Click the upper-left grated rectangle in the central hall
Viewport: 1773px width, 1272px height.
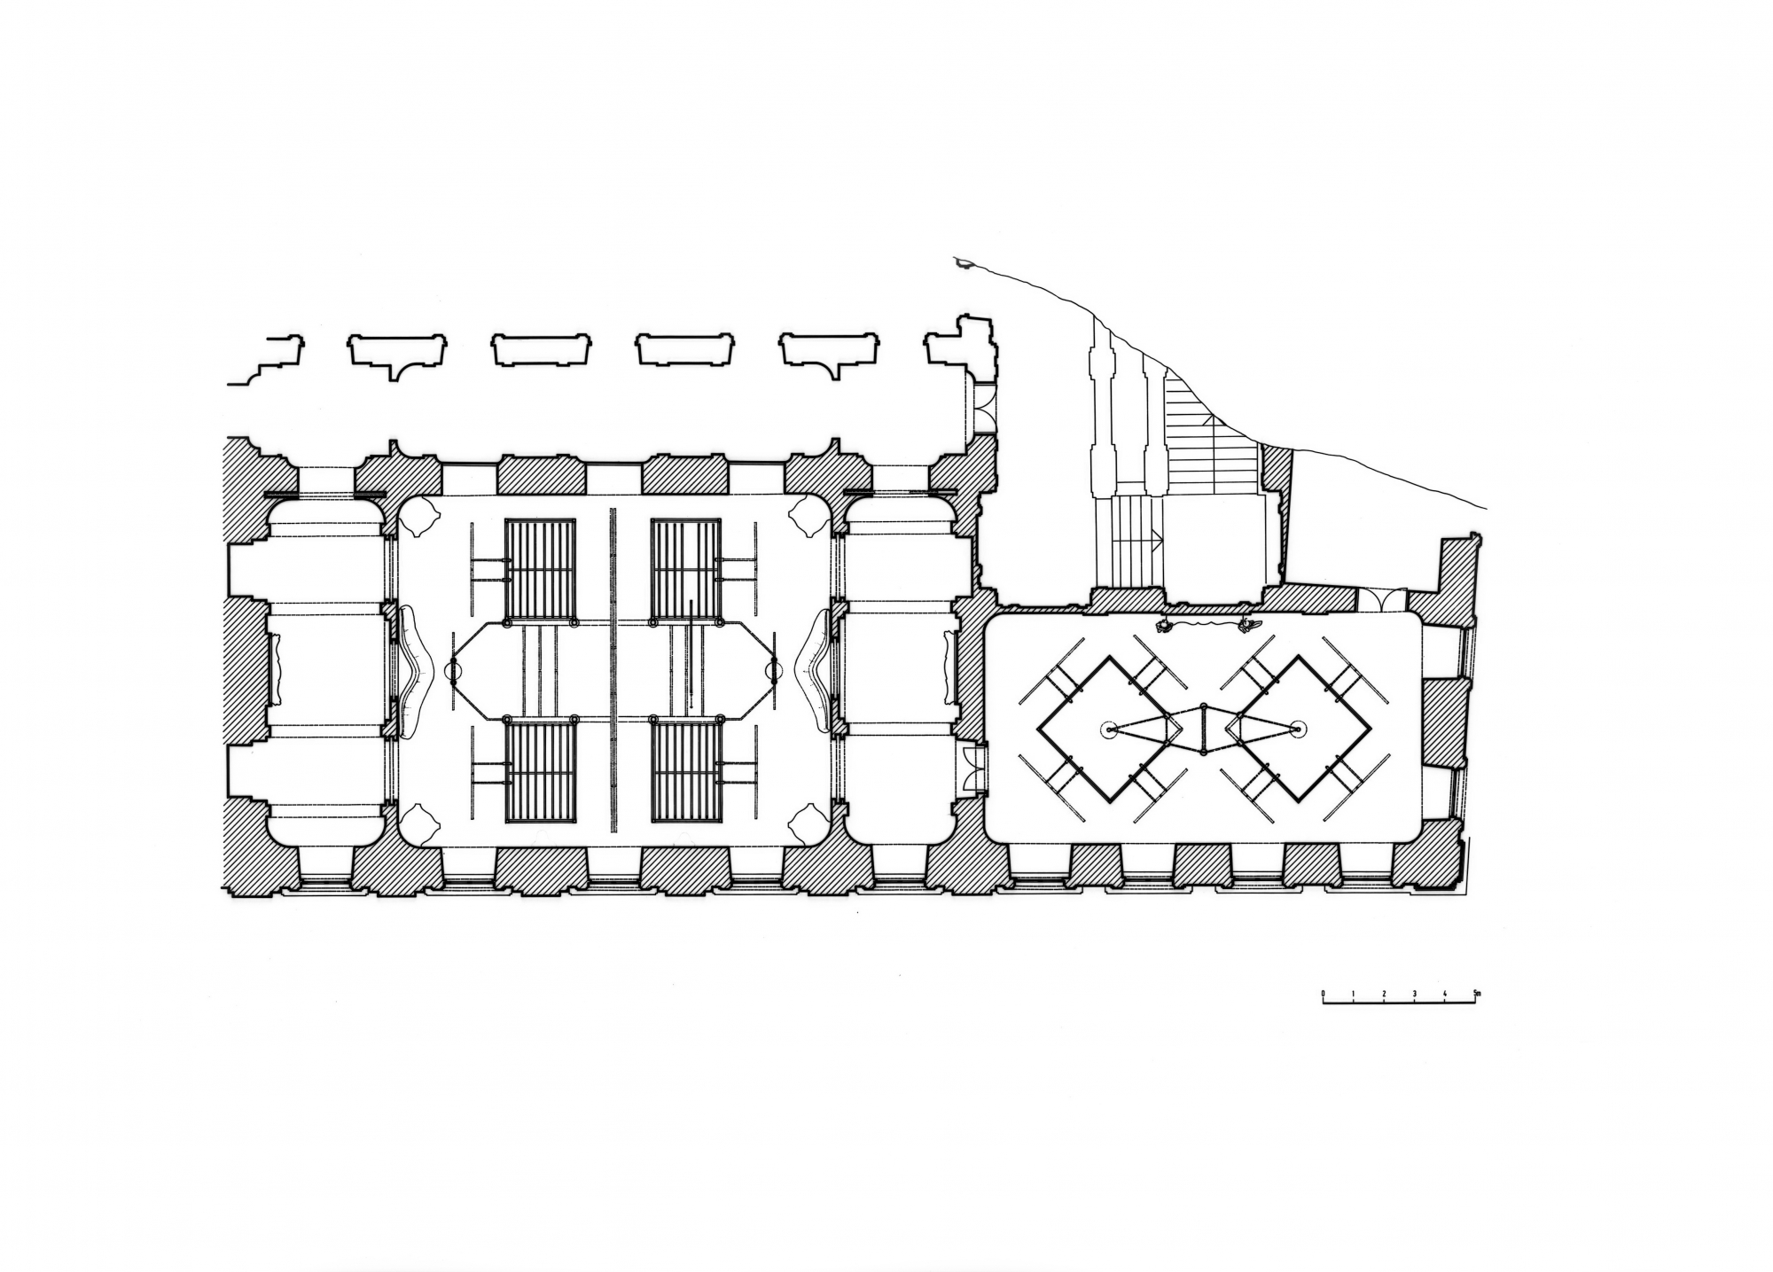(540, 569)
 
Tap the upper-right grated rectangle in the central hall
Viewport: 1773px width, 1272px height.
(685, 569)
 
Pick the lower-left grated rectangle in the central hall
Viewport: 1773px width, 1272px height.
(540, 772)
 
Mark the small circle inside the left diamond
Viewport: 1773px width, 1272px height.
(1108, 730)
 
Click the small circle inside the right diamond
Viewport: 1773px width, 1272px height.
(1299, 730)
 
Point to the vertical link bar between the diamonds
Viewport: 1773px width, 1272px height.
(1203, 730)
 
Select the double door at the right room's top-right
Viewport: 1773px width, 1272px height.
(1382, 599)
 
